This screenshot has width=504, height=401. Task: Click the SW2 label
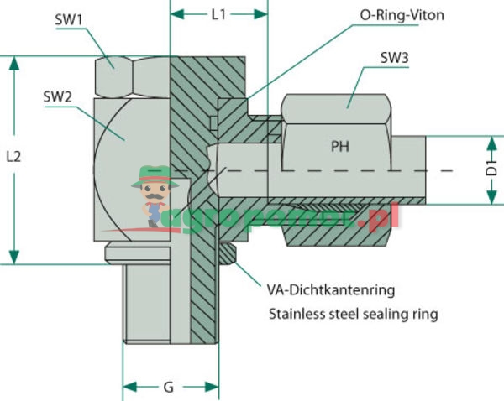[x=57, y=96]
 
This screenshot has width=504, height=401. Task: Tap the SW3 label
[x=394, y=58]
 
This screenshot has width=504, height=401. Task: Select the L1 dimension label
[x=218, y=13]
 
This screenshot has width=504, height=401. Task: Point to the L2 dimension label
[x=13, y=156]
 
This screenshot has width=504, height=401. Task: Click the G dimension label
[x=169, y=388]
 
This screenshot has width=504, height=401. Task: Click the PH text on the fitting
[x=339, y=146]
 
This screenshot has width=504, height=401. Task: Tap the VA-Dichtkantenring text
[x=329, y=290]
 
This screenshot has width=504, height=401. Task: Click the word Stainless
[x=297, y=315]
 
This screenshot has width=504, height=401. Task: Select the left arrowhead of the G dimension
[x=129, y=388]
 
